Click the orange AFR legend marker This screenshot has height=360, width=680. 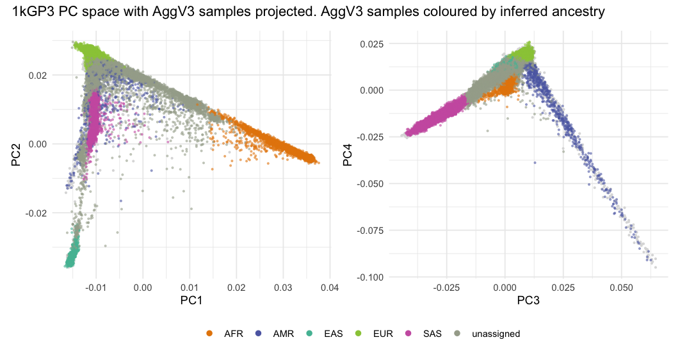pos(209,334)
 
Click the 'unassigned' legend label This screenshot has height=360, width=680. pos(496,334)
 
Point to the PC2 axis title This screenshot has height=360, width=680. pos(17,156)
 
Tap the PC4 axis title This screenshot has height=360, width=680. pos(347,156)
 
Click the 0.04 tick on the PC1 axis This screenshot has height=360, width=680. pos(330,288)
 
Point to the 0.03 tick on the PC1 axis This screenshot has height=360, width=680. pos(283,288)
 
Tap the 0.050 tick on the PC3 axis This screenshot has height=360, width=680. pos(621,288)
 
